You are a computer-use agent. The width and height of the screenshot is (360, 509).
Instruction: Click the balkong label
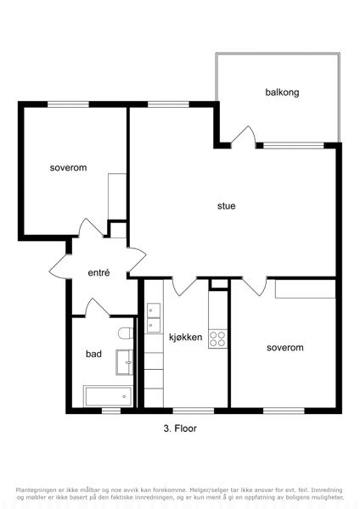click(x=282, y=92)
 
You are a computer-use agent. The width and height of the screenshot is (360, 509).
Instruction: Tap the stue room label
click(x=227, y=206)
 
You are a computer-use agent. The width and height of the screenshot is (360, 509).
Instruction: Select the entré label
click(x=98, y=272)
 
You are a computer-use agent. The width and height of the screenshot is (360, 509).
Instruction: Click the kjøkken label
click(x=186, y=337)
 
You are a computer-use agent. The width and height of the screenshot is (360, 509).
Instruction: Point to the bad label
click(x=93, y=354)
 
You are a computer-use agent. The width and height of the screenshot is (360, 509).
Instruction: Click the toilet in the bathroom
click(x=126, y=333)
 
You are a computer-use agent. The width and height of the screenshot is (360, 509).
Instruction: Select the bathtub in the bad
click(x=108, y=396)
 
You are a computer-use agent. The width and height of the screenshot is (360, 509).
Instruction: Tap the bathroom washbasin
click(x=125, y=362)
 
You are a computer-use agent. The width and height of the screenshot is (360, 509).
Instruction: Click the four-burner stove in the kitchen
click(x=217, y=338)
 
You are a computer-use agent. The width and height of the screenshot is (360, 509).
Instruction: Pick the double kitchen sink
click(x=154, y=318)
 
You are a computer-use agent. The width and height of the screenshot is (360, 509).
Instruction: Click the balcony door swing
click(x=244, y=137)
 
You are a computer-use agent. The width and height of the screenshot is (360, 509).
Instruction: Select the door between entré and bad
click(x=97, y=307)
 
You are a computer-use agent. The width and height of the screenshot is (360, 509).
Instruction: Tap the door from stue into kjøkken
click(x=184, y=287)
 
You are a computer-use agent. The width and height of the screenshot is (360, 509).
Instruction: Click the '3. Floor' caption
click(x=180, y=428)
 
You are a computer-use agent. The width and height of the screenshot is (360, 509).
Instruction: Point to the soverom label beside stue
click(x=68, y=168)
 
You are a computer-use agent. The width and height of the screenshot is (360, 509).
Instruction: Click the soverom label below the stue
click(x=285, y=348)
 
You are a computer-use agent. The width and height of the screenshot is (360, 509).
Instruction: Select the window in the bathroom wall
click(x=111, y=411)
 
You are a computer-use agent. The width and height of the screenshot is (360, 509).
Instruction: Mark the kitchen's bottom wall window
click(x=194, y=411)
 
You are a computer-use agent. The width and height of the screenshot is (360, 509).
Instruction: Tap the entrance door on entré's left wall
click(x=60, y=267)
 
